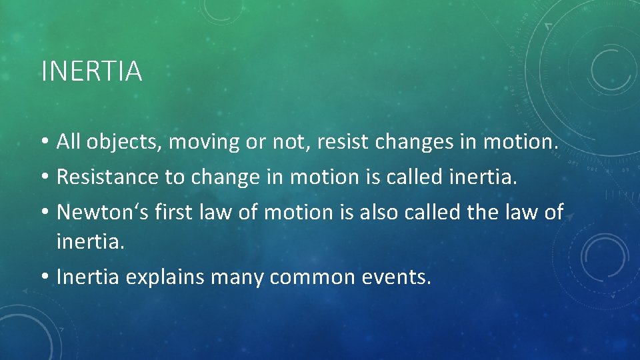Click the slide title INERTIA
[x=91, y=71]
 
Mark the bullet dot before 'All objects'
[x=45, y=142]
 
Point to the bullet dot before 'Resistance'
[x=45, y=177]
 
